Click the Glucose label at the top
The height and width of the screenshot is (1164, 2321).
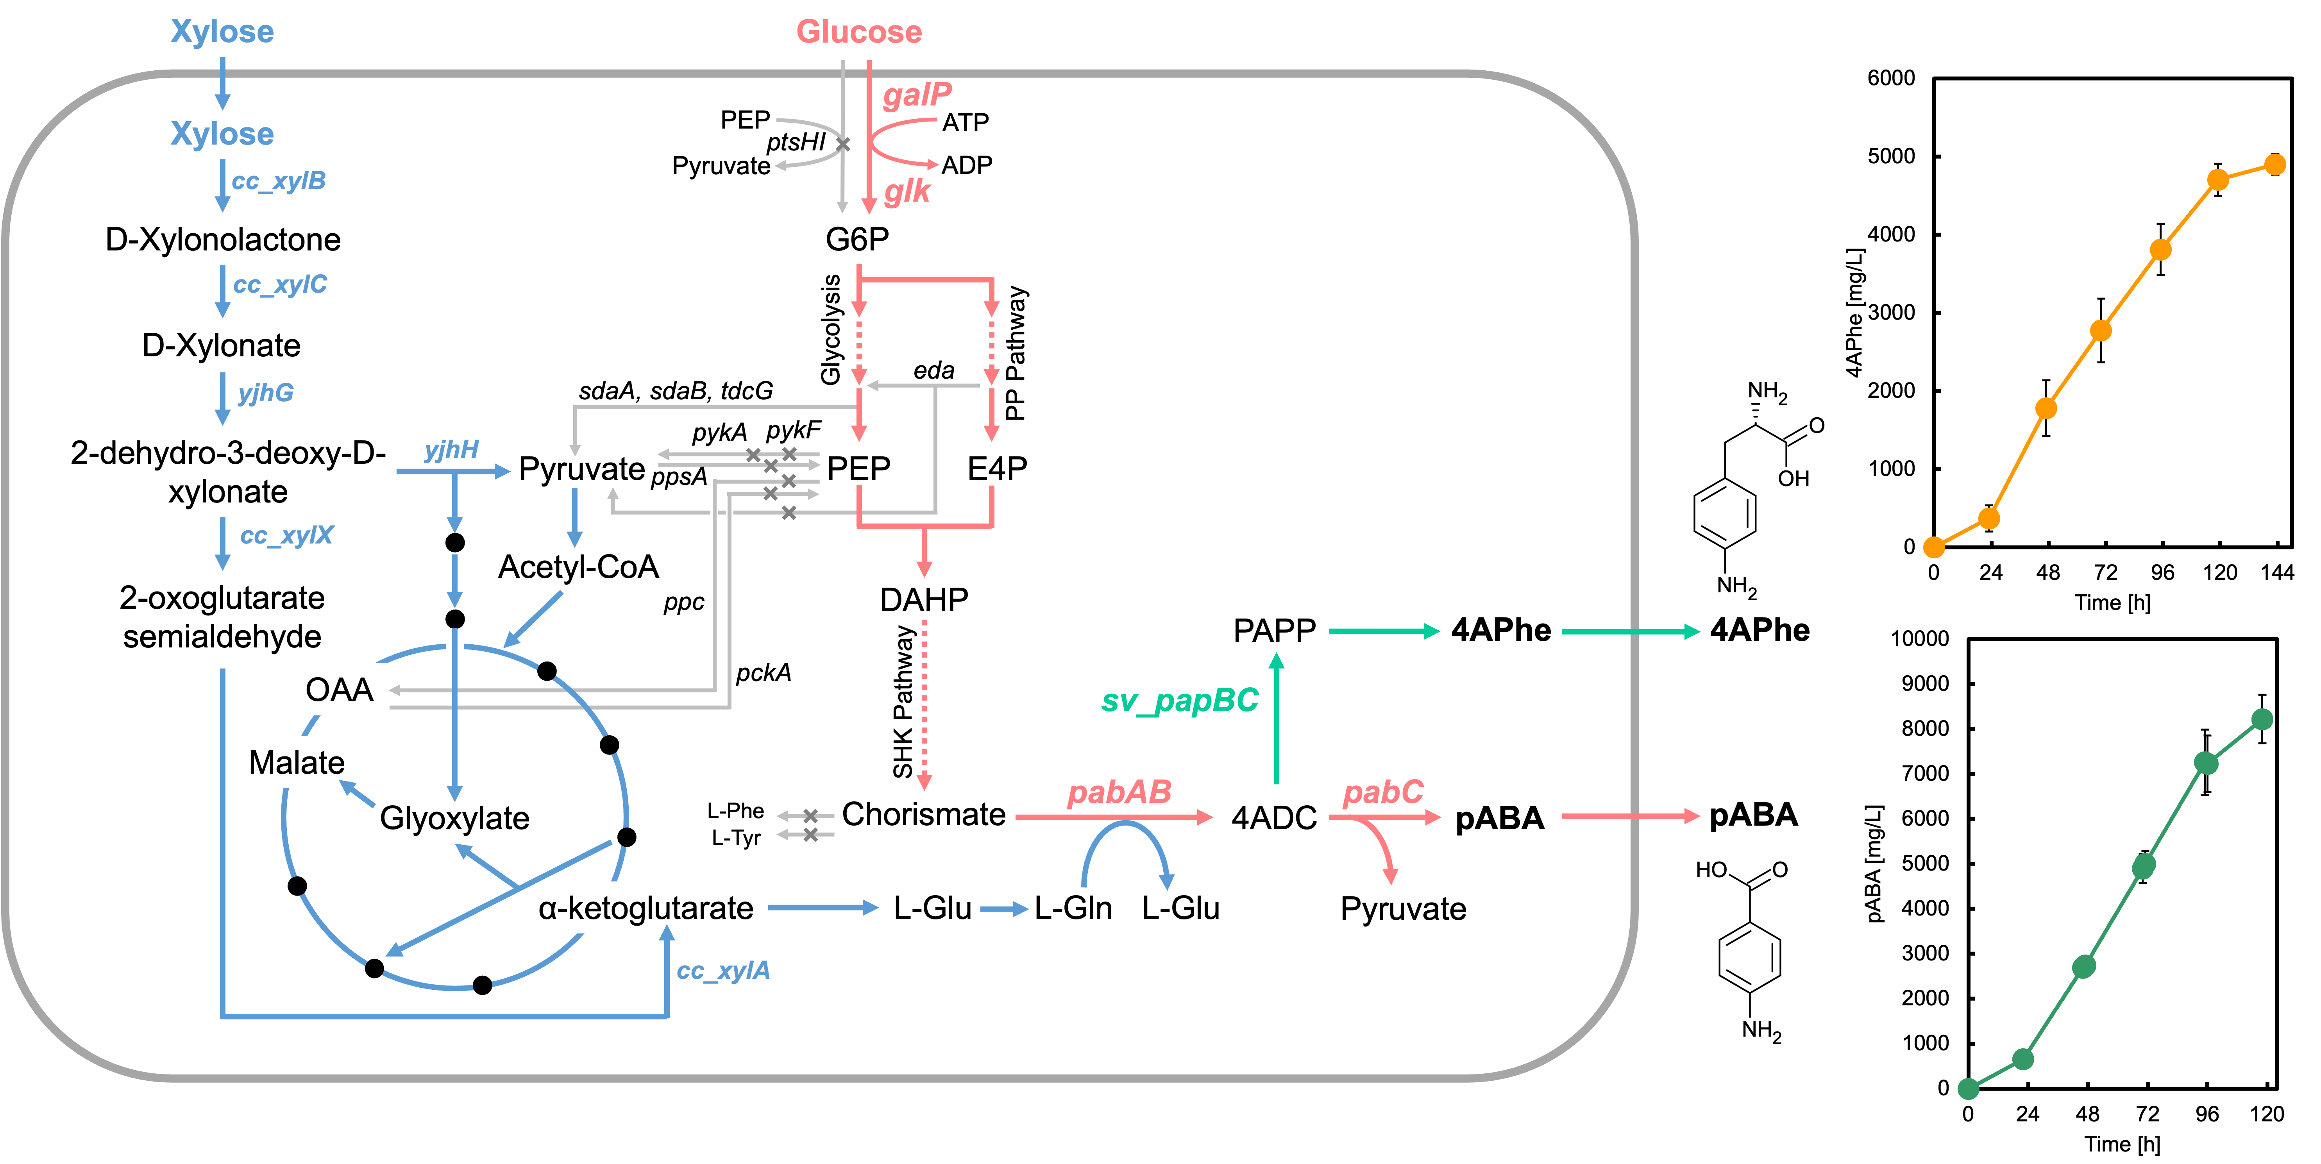pyautogui.click(x=859, y=32)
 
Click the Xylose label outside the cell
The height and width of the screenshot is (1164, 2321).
pyautogui.click(x=222, y=32)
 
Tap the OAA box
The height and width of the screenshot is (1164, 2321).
pyautogui.click(x=339, y=689)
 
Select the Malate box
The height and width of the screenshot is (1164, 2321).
pyautogui.click(x=297, y=762)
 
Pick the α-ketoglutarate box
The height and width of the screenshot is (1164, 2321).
pyautogui.click(x=645, y=907)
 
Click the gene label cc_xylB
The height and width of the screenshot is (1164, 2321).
pyautogui.click(x=279, y=181)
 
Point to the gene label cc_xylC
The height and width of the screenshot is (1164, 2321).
pyautogui.click(x=280, y=285)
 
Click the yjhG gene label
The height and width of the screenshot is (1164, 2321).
pyautogui.click(x=266, y=393)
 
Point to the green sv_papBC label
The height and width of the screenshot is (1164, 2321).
pyautogui.click(x=1179, y=700)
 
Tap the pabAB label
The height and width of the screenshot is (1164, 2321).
pyautogui.click(x=1119, y=792)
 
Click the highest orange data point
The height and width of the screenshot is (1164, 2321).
pyautogui.click(x=2274, y=165)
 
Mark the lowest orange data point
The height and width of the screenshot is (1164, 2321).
pyautogui.click(x=1933, y=547)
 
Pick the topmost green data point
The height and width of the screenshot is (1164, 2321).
pyautogui.click(x=2262, y=719)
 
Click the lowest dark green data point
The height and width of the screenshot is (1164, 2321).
pyautogui.click(x=1969, y=1088)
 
